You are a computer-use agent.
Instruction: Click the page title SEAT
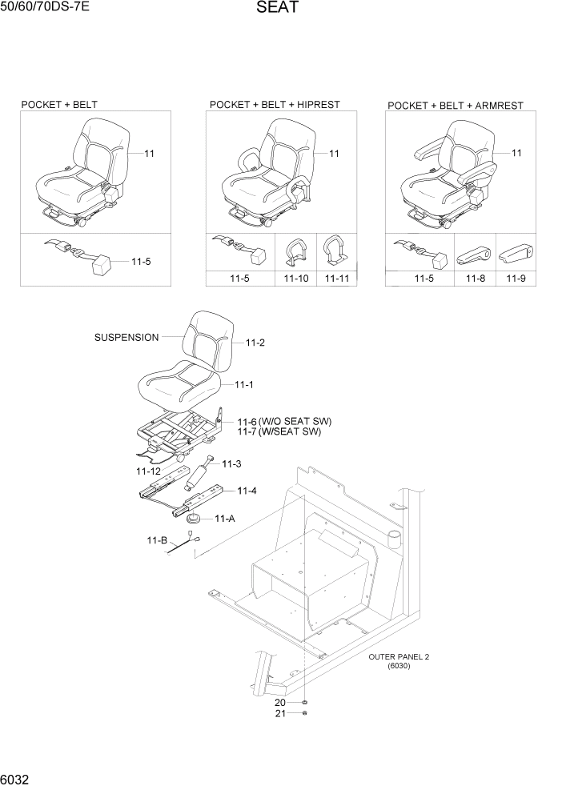[278, 9]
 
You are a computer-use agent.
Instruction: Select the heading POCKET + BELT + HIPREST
[275, 105]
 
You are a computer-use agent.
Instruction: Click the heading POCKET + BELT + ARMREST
[456, 106]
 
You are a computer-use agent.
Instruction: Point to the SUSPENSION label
[126, 338]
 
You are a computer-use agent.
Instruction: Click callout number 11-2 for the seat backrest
[255, 343]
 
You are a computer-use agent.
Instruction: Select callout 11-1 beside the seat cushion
[244, 385]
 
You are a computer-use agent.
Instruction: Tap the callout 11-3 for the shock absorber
[231, 463]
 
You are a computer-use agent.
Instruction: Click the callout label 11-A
[224, 519]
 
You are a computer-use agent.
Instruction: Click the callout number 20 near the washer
[280, 703]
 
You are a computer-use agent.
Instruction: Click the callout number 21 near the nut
[280, 714]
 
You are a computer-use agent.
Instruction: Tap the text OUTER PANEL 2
[399, 656]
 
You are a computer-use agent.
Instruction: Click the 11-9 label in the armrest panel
[516, 279]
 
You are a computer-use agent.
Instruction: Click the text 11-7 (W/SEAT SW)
[279, 432]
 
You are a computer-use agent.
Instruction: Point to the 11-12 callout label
[149, 471]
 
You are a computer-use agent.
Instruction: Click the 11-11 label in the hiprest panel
[337, 279]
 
